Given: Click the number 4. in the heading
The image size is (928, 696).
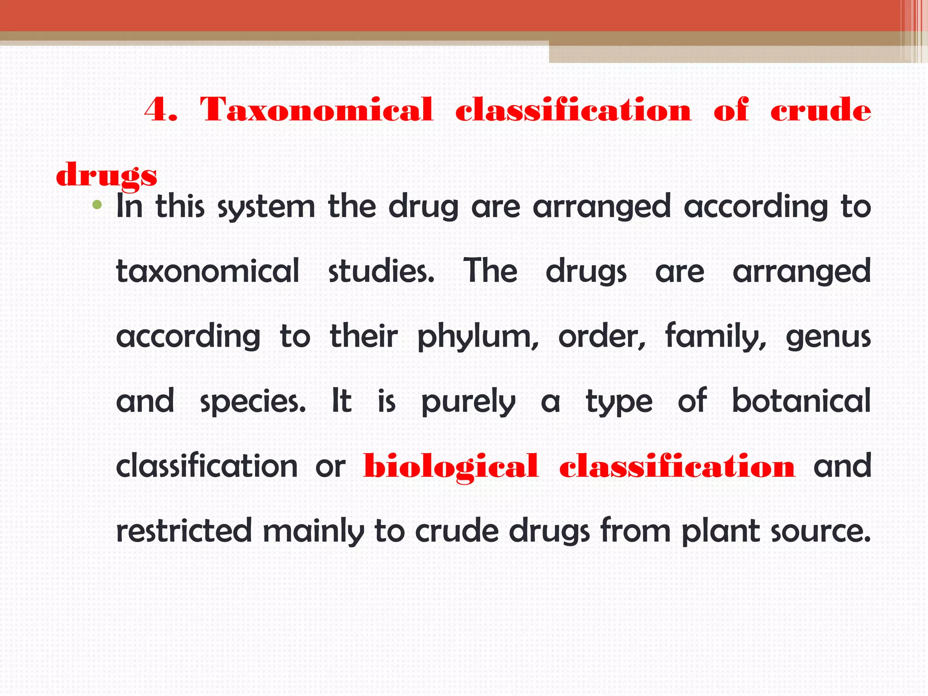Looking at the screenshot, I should (x=160, y=110).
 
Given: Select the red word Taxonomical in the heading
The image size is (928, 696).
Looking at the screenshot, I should (x=316, y=110).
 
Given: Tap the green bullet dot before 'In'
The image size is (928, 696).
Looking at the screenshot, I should (x=97, y=206).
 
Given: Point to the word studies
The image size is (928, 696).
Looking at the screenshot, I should (x=381, y=271).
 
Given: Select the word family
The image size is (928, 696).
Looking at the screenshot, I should (x=715, y=337).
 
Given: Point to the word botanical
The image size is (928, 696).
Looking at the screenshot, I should (x=801, y=401).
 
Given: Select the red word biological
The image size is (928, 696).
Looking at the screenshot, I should (x=451, y=467).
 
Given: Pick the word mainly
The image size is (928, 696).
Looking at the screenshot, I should (x=313, y=532).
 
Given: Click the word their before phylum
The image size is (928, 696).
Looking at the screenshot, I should (x=363, y=337).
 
